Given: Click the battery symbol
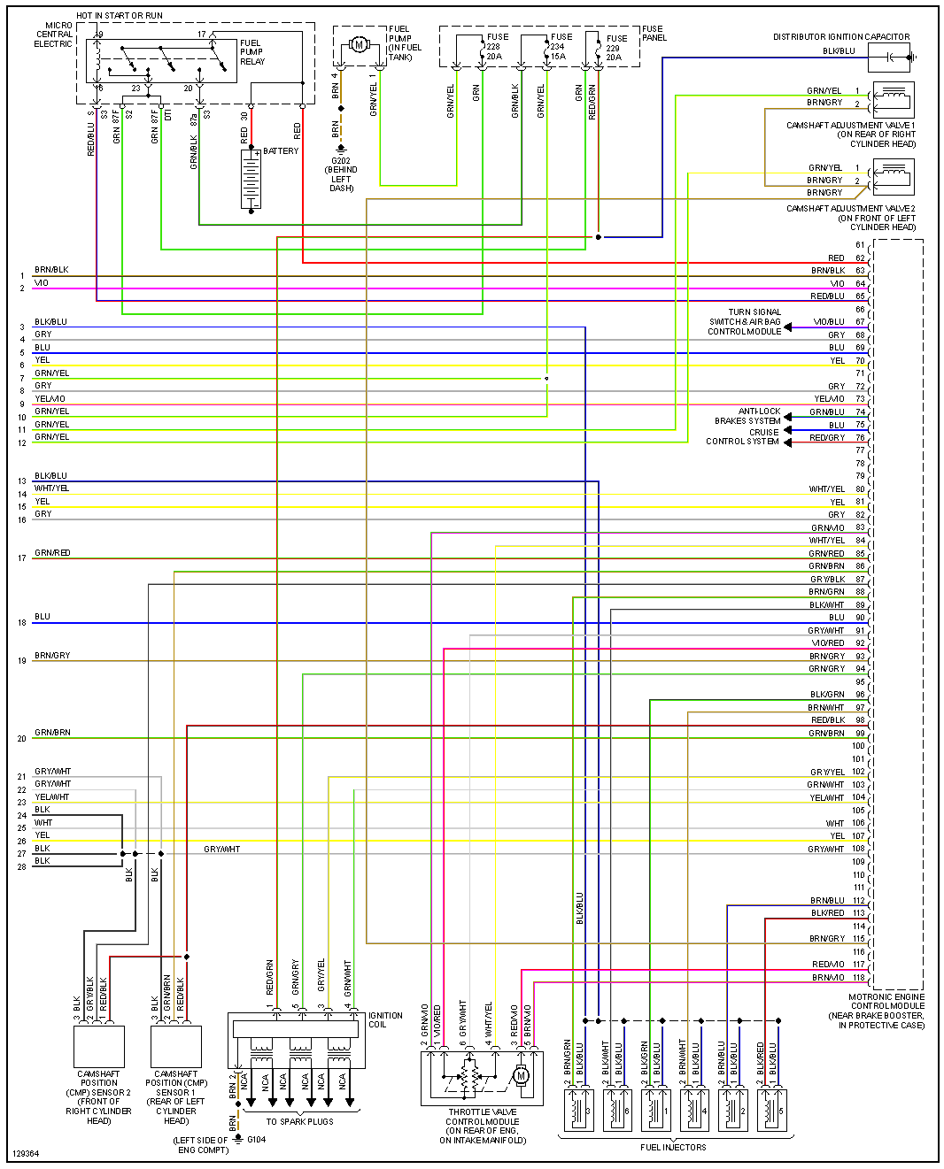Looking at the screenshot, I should tap(251, 180).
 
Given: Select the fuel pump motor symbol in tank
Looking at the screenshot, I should tap(359, 44).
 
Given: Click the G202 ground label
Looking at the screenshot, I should tap(341, 161).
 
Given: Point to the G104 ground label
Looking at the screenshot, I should tap(256, 1139).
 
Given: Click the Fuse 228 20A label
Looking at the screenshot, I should tap(494, 47).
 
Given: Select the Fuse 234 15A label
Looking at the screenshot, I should tap(559, 47).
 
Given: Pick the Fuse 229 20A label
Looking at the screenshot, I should tap(614, 48).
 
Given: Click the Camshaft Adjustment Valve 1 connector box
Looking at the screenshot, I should tap(893, 99).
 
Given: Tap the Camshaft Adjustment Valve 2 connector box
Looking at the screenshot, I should tap(893, 177).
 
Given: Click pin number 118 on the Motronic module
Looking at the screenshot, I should tap(859, 978).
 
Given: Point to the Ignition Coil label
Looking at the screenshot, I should tap(385, 1020).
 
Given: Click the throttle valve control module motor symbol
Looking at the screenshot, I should tap(521, 1076).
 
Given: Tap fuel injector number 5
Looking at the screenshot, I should tap(770, 1110).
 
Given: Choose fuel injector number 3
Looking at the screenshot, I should tap(578, 1110).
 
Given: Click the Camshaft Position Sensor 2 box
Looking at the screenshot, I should tap(99, 1047).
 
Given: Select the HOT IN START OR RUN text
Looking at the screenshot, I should tap(120, 16).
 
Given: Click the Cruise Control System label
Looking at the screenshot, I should tap(743, 437).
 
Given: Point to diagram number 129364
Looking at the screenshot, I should tap(26, 1154).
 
